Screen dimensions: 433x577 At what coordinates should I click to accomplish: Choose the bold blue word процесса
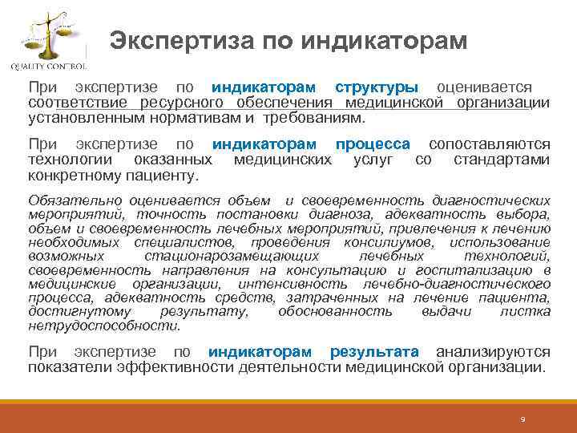(373, 144)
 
